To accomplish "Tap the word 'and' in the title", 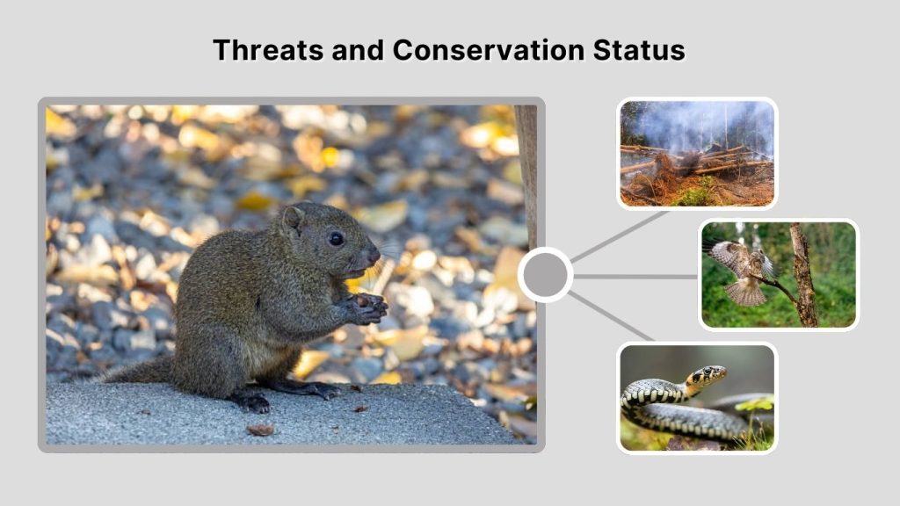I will click(x=359, y=50).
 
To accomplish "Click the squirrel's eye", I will click(x=336, y=238).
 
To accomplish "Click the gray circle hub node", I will click(x=545, y=275).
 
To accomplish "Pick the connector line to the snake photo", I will click(x=611, y=316).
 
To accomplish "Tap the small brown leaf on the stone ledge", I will click(x=260, y=430).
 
